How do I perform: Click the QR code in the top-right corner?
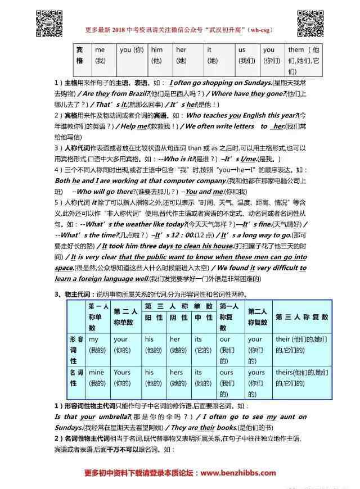[310, 23]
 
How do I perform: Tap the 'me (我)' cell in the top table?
[101, 55]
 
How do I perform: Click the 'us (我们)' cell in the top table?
[246, 55]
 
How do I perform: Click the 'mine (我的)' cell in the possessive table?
[97, 377]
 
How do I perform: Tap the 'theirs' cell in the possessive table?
[301, 377]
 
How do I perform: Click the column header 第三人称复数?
[301, 317]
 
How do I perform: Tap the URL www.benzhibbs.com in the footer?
[238, 473]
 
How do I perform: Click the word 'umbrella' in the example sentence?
[114, 416]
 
